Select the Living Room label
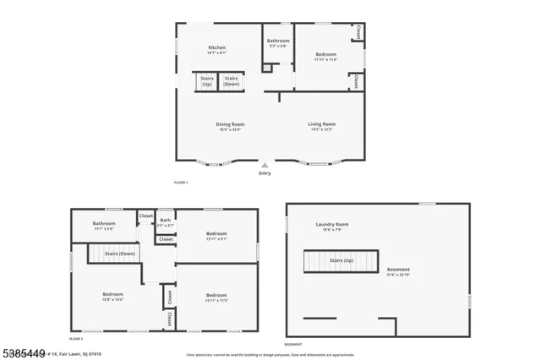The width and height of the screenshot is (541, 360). click(x=321, y=126)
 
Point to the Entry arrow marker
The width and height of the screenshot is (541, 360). click(x=265, y=165)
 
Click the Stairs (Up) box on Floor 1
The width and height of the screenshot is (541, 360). click(x=207, y=82)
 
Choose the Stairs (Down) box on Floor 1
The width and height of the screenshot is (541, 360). click(x=232, y=82)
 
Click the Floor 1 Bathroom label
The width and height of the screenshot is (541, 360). click(x=278, y=41)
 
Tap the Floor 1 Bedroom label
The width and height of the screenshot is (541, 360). click(x=326, y=54)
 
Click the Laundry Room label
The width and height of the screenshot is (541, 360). click(x=331, y=225)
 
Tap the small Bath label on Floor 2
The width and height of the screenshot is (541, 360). click(x=165, y=222)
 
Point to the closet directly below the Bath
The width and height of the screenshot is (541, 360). click(x=166, y=239)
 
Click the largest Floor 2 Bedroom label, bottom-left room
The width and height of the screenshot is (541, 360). click(x=113, y=296)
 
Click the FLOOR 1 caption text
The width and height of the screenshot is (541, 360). click(x=181, y=183)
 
